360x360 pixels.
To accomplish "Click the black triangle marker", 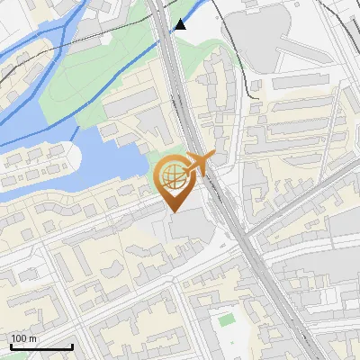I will tap(181, 24).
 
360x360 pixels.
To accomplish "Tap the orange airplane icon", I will tap(196, 164).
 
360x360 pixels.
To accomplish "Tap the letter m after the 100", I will tap(33, 338).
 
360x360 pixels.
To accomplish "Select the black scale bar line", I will tap(41, 346).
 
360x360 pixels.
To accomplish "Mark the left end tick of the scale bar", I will tap(10, 345).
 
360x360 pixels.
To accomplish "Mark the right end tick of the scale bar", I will tap(73, 345).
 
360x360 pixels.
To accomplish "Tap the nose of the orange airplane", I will tap(213, 155).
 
